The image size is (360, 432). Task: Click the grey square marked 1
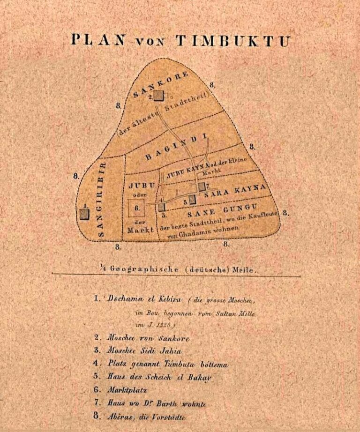(x=84, y=214)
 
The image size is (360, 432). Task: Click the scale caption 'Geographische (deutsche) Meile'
(x=180, y=269)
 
